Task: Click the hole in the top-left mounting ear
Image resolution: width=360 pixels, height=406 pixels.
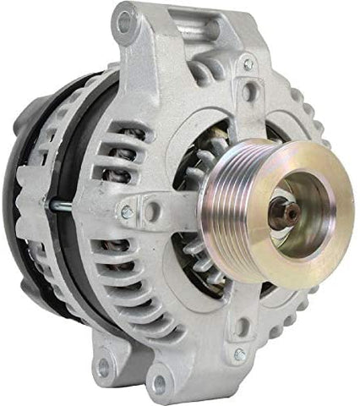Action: pyautogui.click(x=125, y=24)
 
